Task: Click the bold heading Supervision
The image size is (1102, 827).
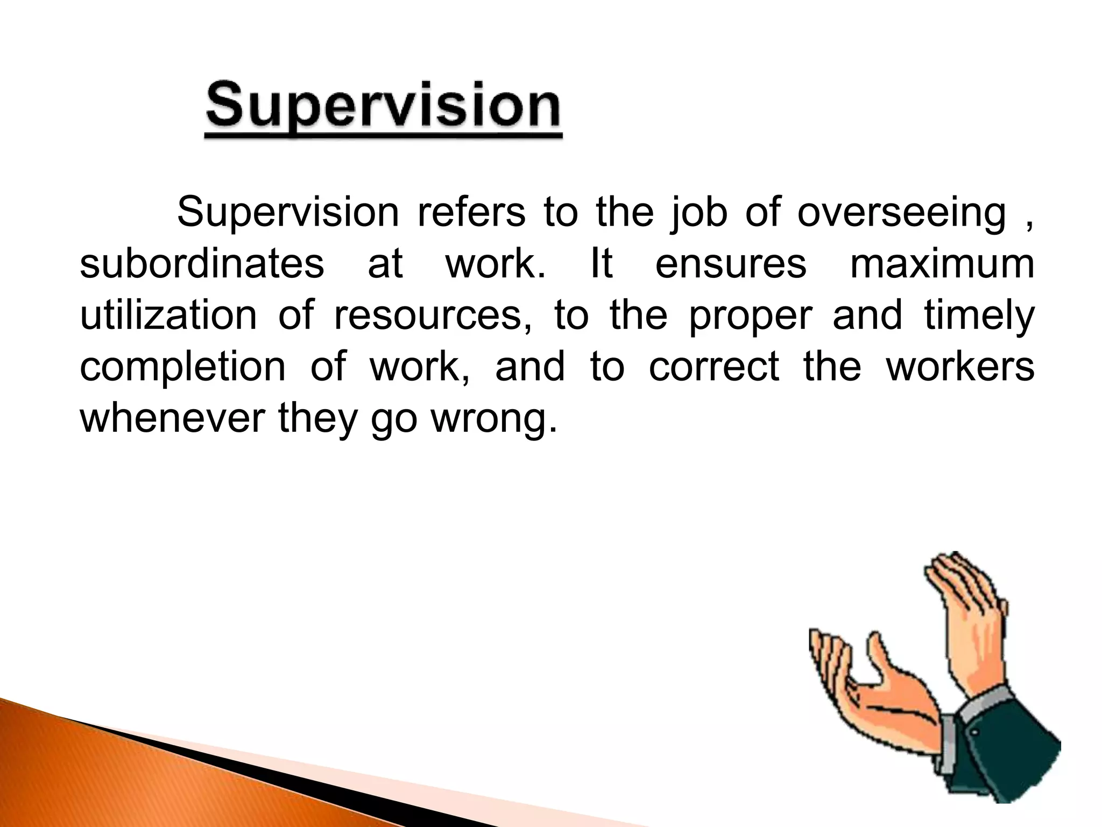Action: (x=383, y=108)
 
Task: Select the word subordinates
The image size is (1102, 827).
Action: (x=202, y=264)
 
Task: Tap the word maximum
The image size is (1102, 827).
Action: (x=942, y=264)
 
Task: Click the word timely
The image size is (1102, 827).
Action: (x=979, y=317)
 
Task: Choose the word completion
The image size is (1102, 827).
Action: (x=183, y=368)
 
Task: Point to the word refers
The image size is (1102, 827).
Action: (x=471, y=213)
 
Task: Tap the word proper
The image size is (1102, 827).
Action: (x=750, y=317)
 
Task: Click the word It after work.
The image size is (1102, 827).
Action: (x=602, y=264)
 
